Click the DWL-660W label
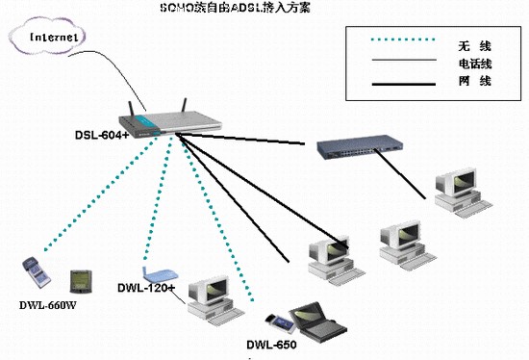(48, 306)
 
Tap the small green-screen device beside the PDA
(78, 281)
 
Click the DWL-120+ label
(146, 287)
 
